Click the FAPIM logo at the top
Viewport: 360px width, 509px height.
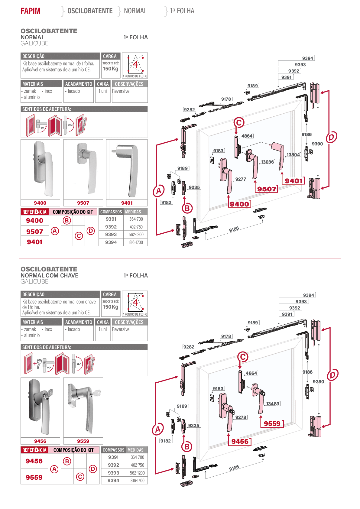click(x=31, y=11)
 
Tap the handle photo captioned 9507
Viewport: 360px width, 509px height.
click(x=86, y=168)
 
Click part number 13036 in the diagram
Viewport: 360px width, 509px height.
click(x=267, y=162)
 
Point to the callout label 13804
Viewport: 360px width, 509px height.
click(x=293, y=155)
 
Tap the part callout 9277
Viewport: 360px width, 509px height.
click(x=241, y=179)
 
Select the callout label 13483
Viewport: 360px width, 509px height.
click(x=273, y=404)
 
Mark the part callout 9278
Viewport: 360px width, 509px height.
click(x=241, y=417)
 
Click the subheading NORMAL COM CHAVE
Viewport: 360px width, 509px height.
click(x=49, y=275)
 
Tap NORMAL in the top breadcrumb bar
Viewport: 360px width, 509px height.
click(x=135, y=11)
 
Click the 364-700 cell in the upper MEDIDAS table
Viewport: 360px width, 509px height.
click(x=136, y=219)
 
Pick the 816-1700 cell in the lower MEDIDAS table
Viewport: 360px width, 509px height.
click(x=137, y=481)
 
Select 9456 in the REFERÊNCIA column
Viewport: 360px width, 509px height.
click(x=34, y=461)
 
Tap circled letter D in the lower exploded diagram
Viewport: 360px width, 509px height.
click(x=332, y=375)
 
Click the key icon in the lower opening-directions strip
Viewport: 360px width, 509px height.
click(x=39, y=363)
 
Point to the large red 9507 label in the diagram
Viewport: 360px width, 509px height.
click(x=267, y=189)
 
